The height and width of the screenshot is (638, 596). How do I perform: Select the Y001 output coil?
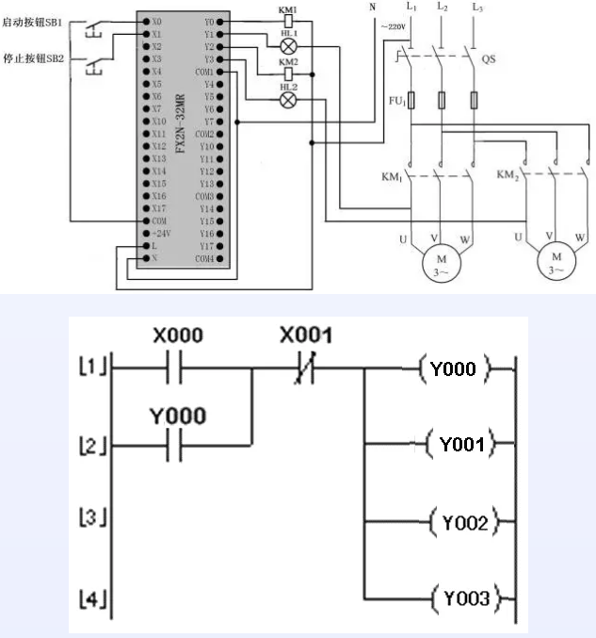[x=462, y=443]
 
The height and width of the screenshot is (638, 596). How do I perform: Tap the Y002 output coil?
[x=462, y=521]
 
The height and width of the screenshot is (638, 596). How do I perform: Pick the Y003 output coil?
[x=462, y=597]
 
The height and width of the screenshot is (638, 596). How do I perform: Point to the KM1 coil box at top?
[x=288, y=20]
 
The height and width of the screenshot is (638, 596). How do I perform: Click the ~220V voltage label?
[x=393, y=27]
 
